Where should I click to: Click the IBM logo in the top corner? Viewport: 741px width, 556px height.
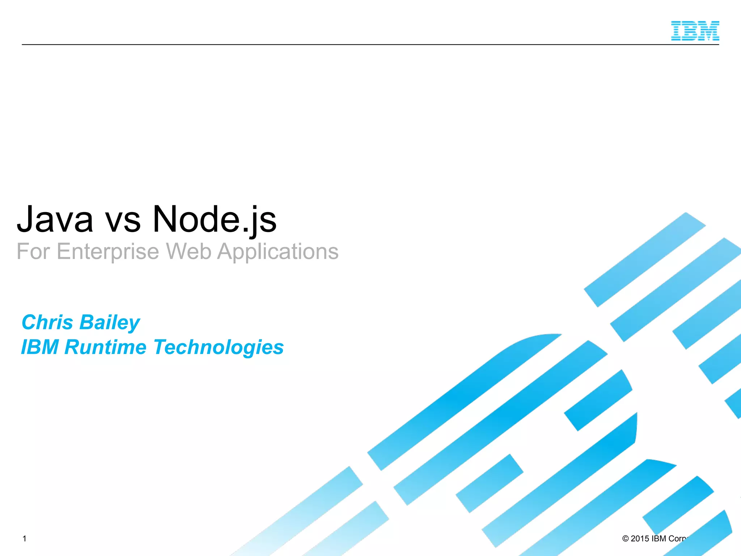click(695, 31)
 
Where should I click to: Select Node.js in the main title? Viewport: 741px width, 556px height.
click(214, 220)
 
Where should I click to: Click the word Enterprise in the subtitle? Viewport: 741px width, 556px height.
click(108, 252)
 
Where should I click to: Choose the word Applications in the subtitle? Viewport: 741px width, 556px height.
click(278, 252)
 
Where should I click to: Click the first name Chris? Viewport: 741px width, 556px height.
click(47, 322)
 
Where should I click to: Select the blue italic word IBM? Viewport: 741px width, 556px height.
click(40, 347)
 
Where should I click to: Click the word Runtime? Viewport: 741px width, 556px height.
click(105, 347)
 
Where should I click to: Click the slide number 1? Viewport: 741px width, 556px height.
click(24, 539)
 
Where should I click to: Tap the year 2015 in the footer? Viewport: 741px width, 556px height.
click(640, 539)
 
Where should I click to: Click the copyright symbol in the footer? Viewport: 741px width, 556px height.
click(626, 539)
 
